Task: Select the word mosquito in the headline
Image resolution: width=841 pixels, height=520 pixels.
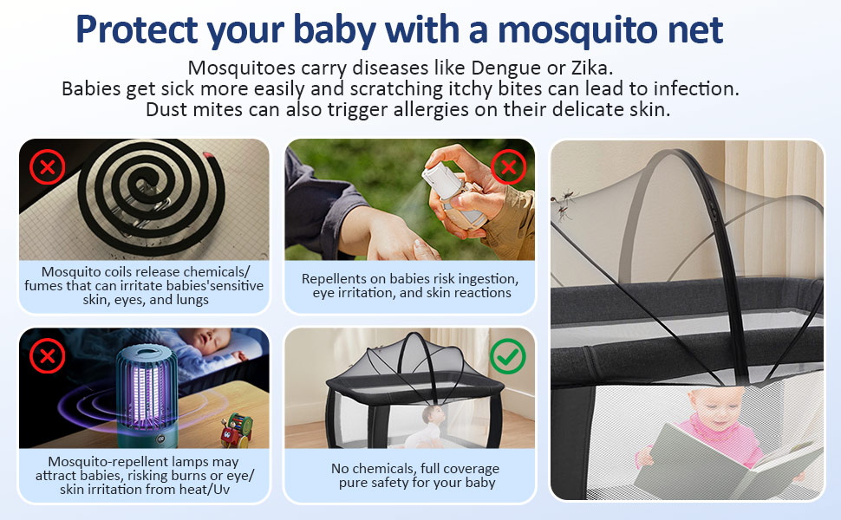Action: click(x=578, y=31)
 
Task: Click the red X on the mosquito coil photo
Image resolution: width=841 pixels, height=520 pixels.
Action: click(x=47, y=167)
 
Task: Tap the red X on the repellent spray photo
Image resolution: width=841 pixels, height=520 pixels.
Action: click(x=508, y=167)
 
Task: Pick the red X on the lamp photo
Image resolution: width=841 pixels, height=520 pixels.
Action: click(x=47, y=356)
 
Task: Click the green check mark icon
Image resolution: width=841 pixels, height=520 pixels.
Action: click(x=507, y=356)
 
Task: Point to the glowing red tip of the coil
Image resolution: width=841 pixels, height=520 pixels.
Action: click(x=208, y=156)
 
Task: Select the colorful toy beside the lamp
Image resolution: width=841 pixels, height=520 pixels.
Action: click(x=237, y=429)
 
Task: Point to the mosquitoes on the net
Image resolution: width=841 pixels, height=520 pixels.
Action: click(x=563, y=205)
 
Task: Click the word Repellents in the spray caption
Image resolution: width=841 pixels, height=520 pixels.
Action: click(x=329, y=279)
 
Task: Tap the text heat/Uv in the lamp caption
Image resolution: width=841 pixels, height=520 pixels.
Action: click(x=211, y=489)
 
